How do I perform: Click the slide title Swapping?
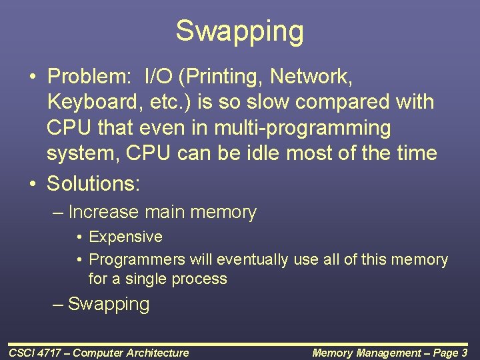[x=239, y=31]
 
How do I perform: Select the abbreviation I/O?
[x=159, y=77]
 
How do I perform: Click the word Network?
[x=309, y=77]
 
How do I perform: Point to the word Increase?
[x=104, y=213]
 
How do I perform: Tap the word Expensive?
[x=125, y=237]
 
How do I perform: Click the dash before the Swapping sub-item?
[x=59, y=305]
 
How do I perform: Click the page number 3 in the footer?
[x=464, y=353]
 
